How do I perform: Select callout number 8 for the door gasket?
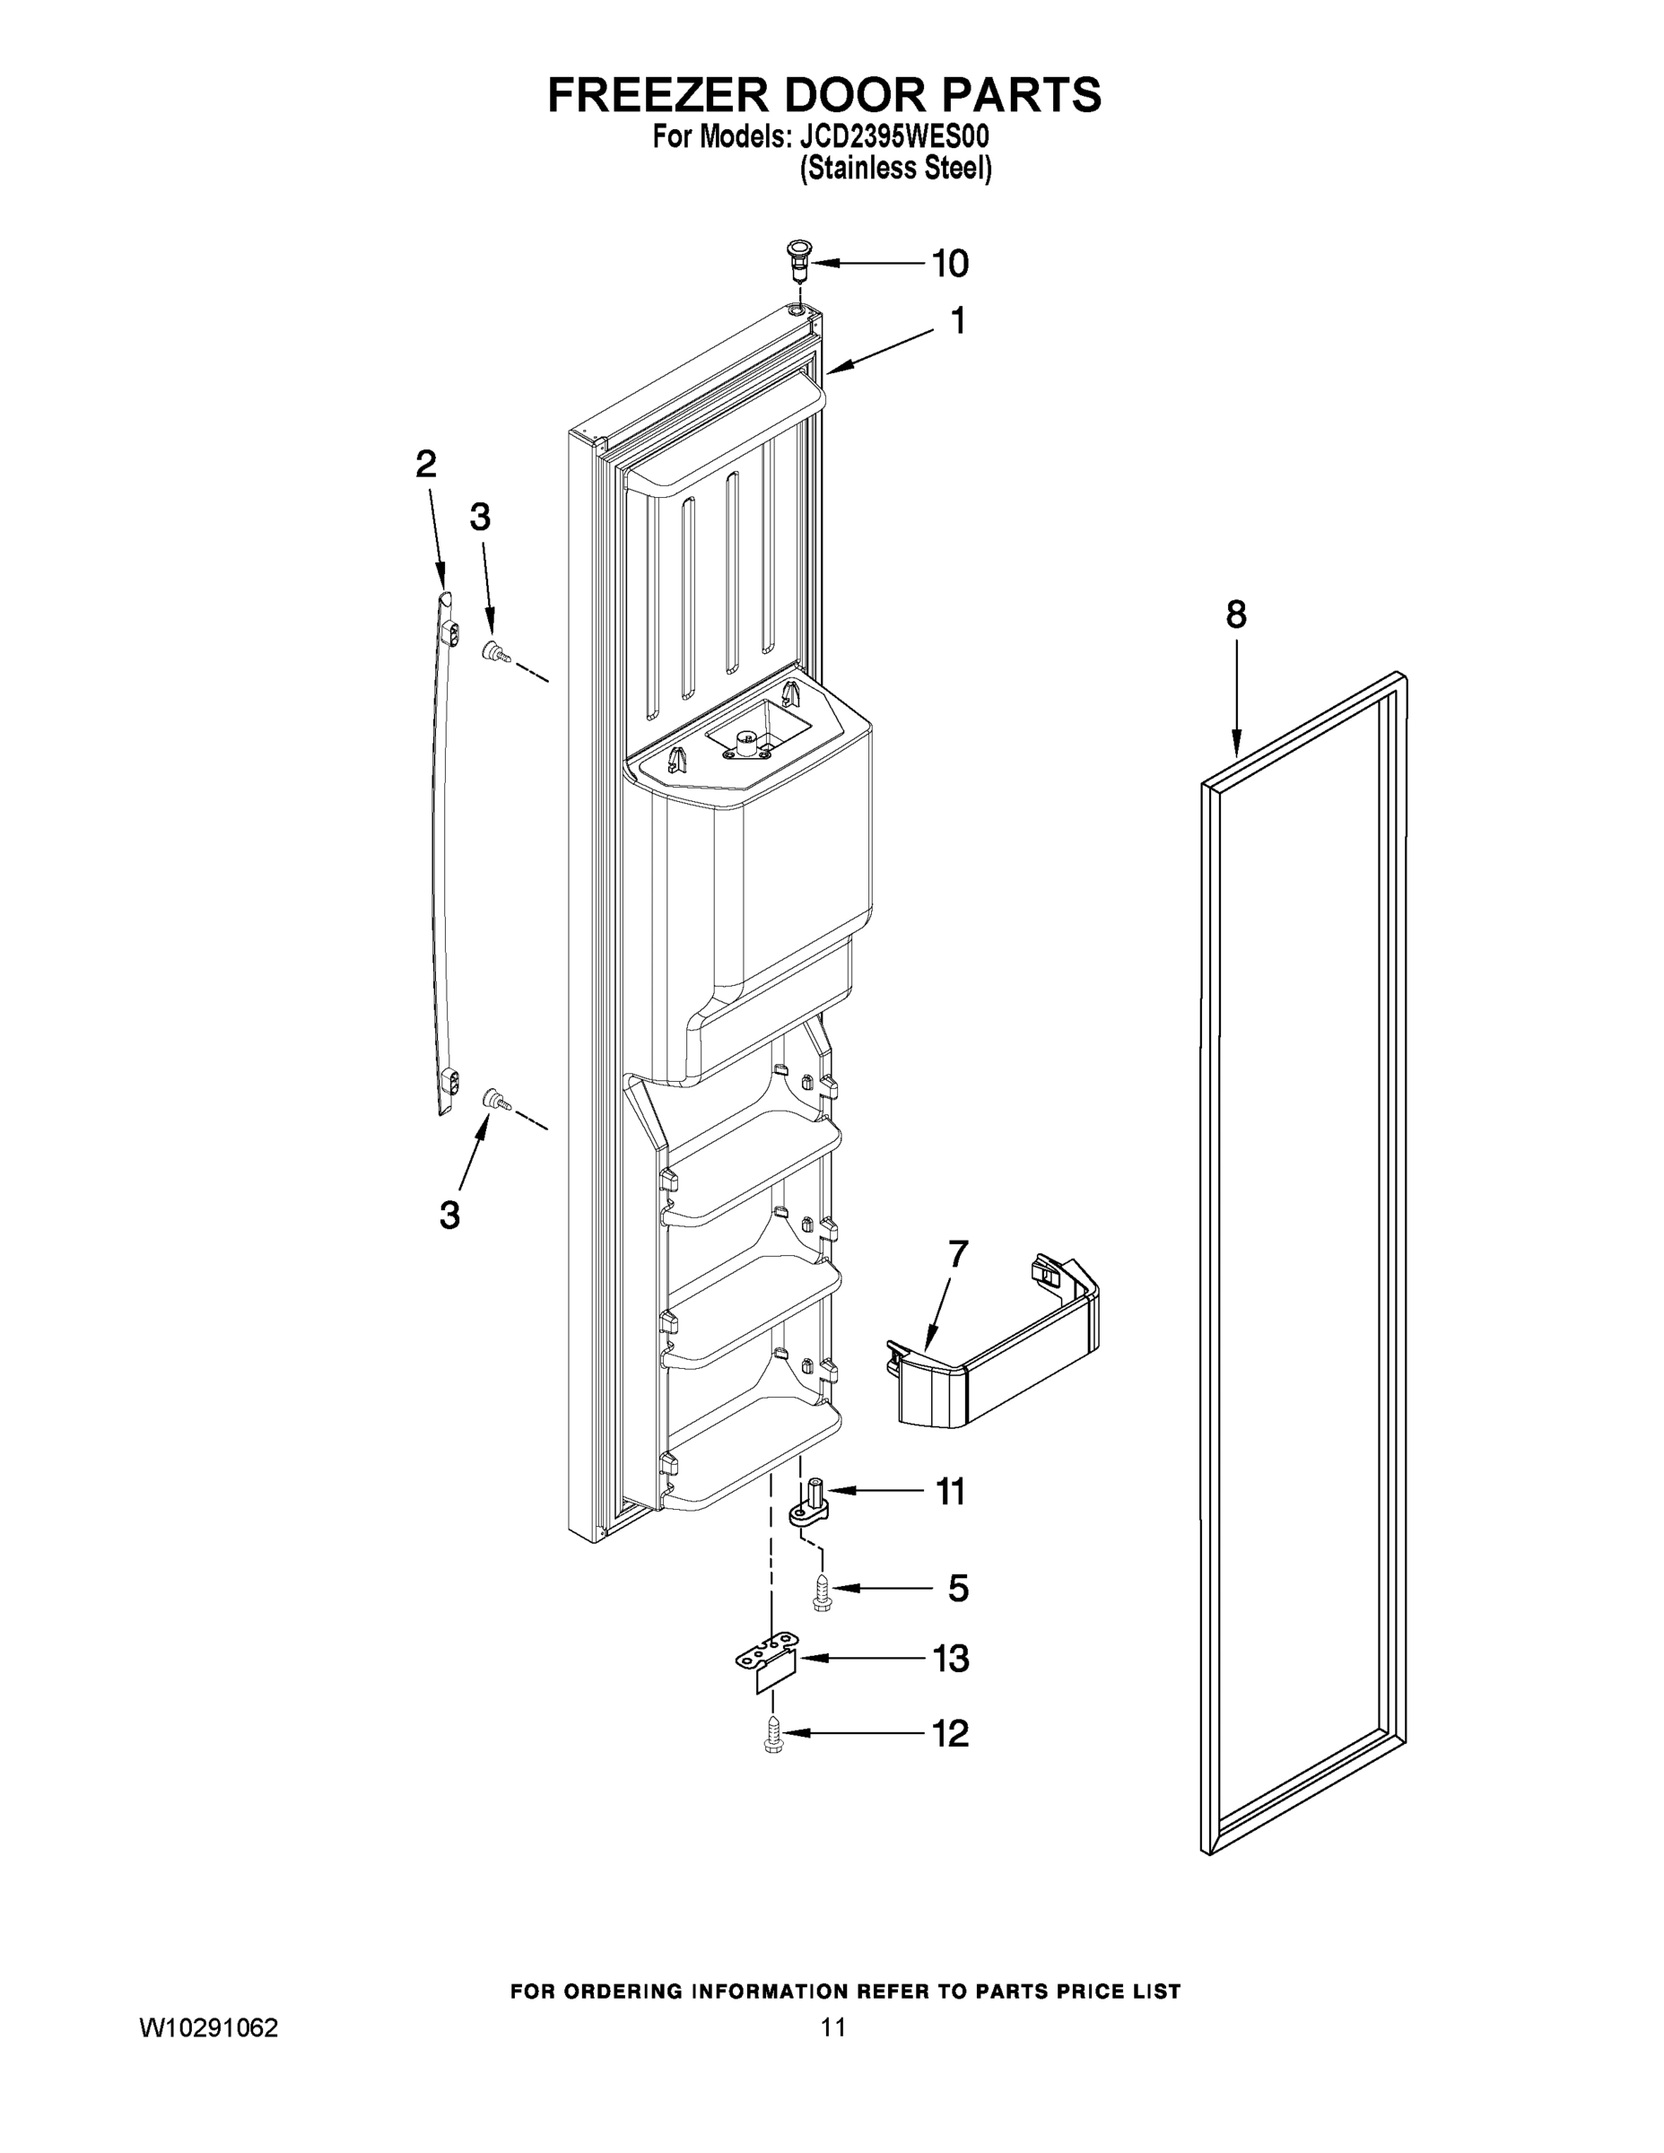[1235, 615]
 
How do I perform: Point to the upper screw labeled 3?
[492, 651]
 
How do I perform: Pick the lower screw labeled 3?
[492, 1100]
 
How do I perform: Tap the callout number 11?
[949, 1492]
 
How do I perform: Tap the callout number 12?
[950, 1734]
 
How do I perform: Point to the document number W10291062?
[209, 2027]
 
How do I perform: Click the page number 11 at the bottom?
[832, 2027]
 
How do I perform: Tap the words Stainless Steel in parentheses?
[895, 169]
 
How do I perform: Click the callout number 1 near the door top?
[956, 321]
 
